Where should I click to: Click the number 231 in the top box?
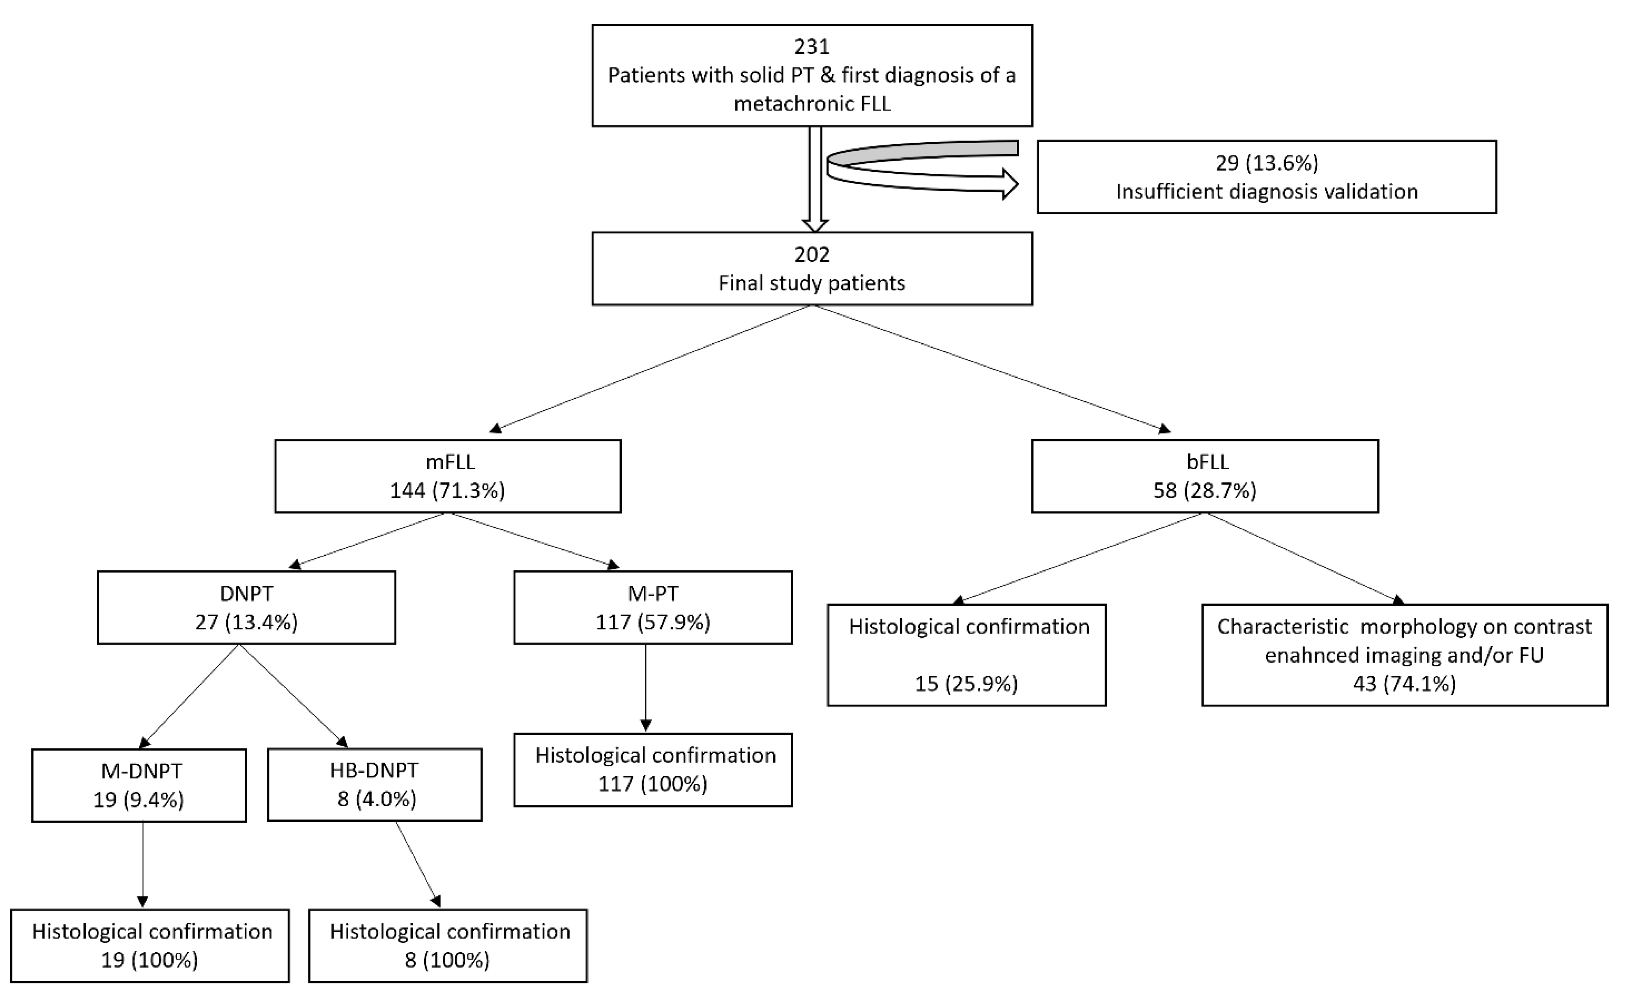point(812,46)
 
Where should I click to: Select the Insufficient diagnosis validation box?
point(1266,177)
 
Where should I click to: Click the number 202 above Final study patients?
point(812,254)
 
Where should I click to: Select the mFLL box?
point(448,476)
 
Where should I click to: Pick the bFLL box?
point(1205,476)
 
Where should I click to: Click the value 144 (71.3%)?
point(447,490)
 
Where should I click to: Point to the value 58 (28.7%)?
point(1205,490)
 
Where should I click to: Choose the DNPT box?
point(246,607)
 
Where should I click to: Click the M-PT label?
point(652,593)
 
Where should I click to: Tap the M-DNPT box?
point(139,785)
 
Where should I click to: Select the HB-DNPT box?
point(374,784)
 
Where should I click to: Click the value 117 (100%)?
point(652,783)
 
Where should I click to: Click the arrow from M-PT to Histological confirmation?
point(646,687)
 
